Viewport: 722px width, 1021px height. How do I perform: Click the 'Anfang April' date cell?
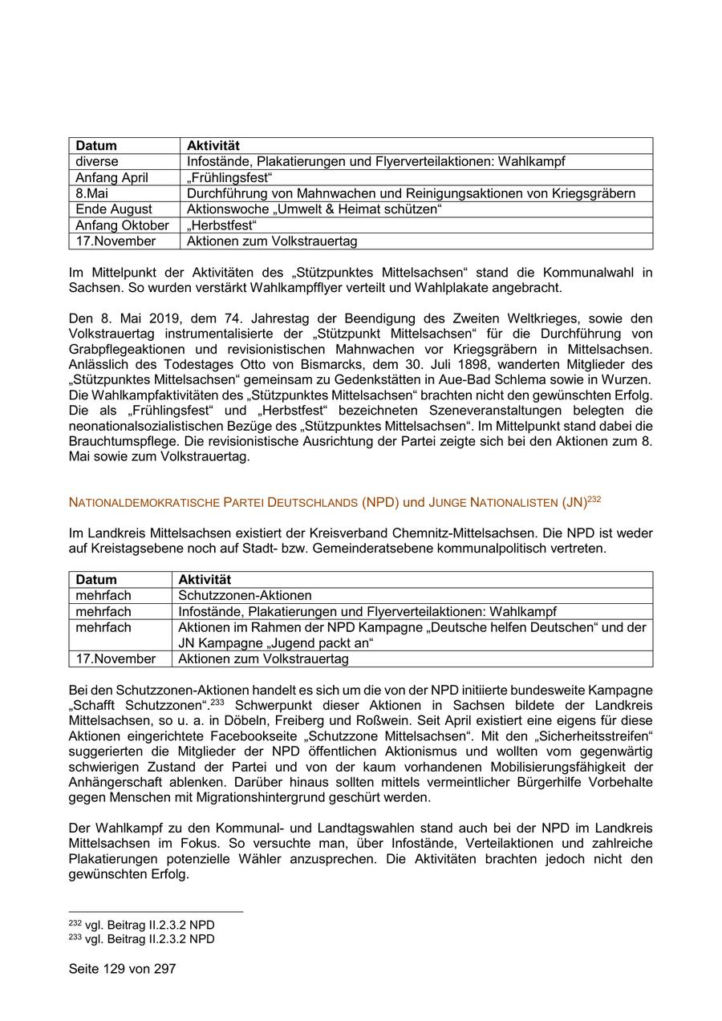(x=112, y=177)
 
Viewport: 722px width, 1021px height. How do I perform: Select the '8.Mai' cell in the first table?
(x=91, y=193)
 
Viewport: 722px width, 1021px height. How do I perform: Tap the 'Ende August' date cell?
(x=114, y=209)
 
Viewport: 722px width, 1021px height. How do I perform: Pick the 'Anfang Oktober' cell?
(x=122, y=225)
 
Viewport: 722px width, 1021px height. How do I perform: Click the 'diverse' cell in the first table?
(x=97, y=161)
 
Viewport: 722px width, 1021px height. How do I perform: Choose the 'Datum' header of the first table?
(x=96, y=145)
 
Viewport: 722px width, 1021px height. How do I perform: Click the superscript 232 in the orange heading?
(x=594, y=500)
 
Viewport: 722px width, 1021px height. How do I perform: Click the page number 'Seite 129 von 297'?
(x=122, y=969)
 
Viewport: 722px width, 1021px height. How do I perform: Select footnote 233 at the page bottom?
(x=141, y=938)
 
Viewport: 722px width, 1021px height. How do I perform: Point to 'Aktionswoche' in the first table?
(x=225, y=209)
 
